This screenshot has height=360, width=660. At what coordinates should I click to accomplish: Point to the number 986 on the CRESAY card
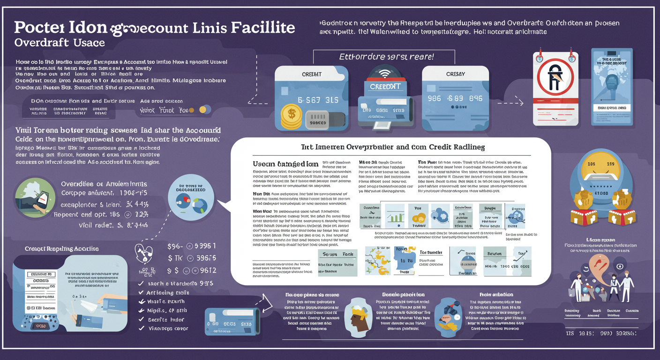click(435, 98)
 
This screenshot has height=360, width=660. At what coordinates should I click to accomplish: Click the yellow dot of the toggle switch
click(203, 110)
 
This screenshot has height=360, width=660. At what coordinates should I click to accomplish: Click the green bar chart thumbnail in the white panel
click(394, 216)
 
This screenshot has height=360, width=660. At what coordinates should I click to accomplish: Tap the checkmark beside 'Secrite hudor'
click(141, 320)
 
